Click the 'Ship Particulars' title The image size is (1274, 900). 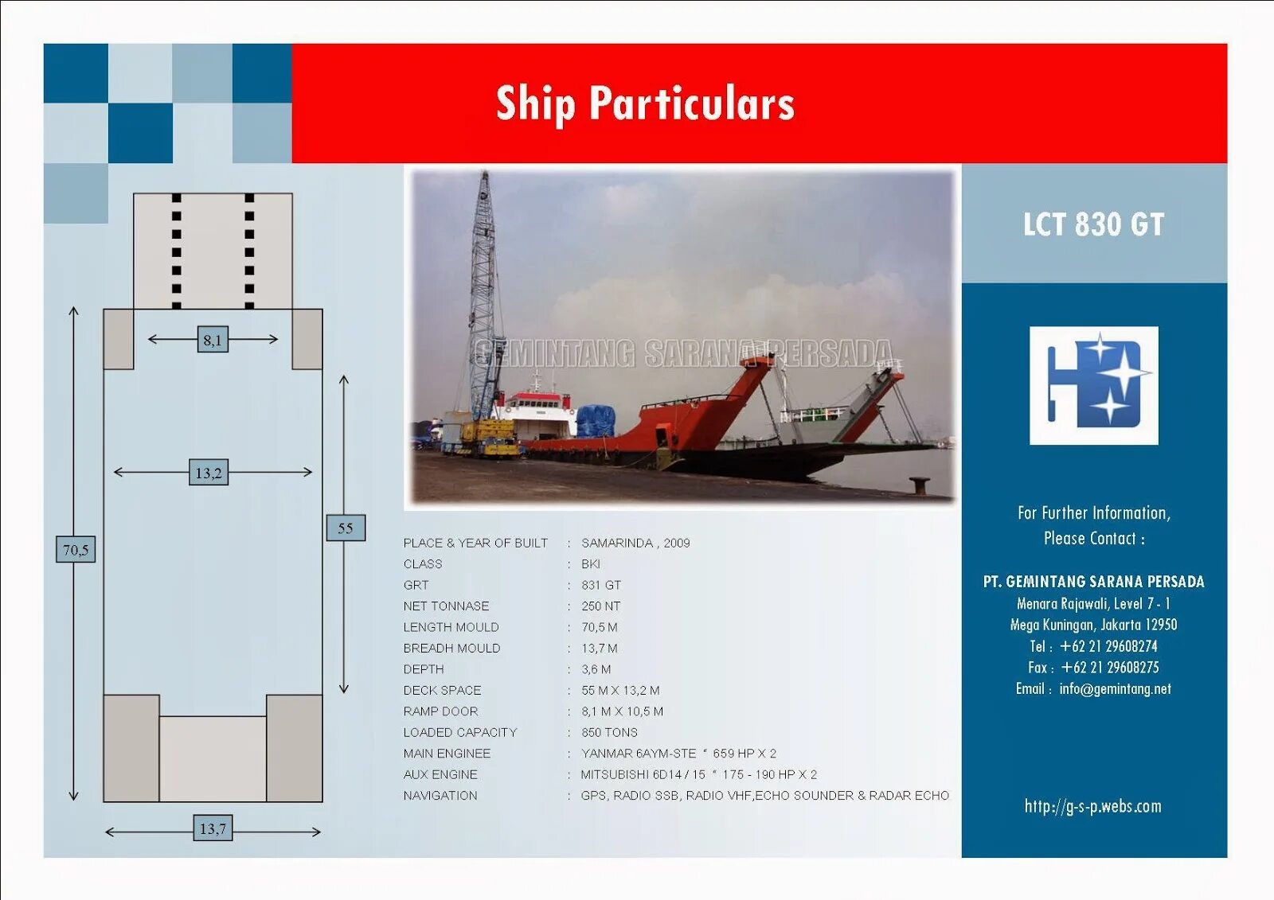(645, 103)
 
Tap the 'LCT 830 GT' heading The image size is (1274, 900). (1093, 224)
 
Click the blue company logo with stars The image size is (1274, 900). (1093, 385)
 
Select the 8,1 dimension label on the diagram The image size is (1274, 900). (212, 340)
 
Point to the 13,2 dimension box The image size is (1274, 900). (209, 473)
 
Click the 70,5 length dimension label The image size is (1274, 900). (76, 549)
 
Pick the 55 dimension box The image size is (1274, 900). (346, 528)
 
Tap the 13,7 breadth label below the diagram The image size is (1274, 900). (213, 828)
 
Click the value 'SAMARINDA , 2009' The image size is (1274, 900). (635, 543)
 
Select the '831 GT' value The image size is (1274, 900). (601, 585)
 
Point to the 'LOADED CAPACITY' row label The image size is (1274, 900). (459, 732)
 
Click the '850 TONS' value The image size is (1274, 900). (609, 732)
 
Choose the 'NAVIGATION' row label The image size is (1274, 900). (440, 795)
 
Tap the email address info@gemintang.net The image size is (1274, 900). (1115, 689)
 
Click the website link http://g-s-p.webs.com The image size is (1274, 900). (1092, 806)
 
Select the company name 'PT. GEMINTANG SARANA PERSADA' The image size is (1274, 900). (1093, 582)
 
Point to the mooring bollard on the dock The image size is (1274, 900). (920, 484)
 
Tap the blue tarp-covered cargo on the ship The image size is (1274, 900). (596, 420)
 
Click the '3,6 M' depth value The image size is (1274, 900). (596, 669)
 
